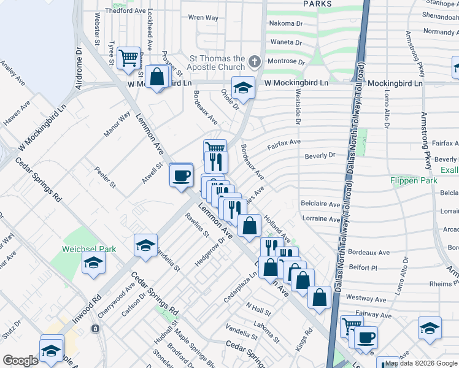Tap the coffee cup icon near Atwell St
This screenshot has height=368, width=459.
point(181,175)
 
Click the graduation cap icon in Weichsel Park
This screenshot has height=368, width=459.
point(93,263)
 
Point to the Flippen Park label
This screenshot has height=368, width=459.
point(414,181)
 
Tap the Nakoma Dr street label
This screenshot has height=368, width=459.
point(287,24)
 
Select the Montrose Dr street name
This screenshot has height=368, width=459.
point(286,62)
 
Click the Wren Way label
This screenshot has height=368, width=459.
point(203,18)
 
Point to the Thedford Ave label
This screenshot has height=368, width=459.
point(126,11)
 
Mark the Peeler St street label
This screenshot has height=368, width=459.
point(105,176)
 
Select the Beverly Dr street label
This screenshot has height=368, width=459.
point(320,156)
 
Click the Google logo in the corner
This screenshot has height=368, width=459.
point(21,360)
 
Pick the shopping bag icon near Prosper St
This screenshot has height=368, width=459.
point(157,77)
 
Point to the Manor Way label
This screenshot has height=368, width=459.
point(117,124)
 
